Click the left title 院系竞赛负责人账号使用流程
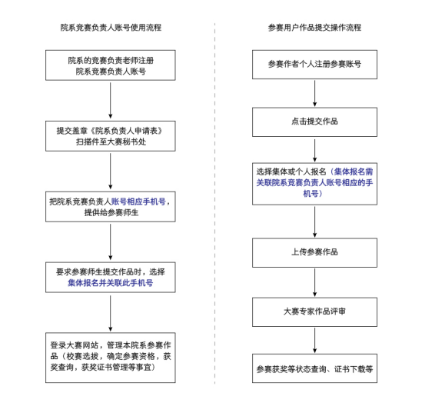(111, 28)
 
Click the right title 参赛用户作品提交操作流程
(314, 28)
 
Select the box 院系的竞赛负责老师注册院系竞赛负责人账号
(111, 65)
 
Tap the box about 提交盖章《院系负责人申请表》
(111, 136)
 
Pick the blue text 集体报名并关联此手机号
(111, 283)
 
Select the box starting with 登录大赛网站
(111, 356)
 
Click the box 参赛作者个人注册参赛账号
(314, 65)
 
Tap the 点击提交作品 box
(314, 122)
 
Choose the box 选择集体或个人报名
(314, 183)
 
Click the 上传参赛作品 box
(314, 252)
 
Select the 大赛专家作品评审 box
(314, 311)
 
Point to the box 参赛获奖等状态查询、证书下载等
(314, 369)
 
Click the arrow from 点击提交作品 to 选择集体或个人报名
(314, 149)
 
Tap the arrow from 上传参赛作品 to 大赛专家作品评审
(314, 282)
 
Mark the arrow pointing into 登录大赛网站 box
(111, 311)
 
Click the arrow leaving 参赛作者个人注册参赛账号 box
(314, 93)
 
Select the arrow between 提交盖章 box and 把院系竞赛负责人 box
(111, 171)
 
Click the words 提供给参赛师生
(111, 212)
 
